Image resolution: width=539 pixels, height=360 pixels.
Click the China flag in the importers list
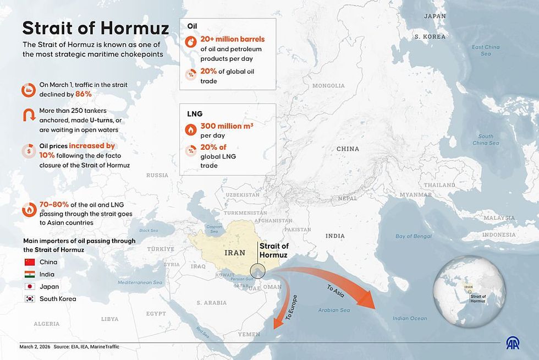[30, 262]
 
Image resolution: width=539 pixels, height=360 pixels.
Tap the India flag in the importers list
[30, 274]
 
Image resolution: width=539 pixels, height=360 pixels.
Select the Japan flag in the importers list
[30, 287]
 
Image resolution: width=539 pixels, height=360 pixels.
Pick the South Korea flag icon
[30, 299]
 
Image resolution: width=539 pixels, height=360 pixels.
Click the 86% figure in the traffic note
[84, 94]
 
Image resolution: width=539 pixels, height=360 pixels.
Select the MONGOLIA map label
[328, 86]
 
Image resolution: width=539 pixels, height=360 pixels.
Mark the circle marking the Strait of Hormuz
[257, 271]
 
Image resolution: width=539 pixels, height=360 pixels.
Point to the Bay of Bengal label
[414, 236]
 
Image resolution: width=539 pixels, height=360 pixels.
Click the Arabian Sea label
[334, 310]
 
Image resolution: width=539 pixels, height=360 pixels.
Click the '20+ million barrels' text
[233, 39]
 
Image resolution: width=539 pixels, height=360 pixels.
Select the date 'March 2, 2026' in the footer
[34, 347]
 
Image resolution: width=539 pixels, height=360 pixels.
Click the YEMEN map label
[249, 334]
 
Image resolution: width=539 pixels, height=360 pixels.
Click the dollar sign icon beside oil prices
[29, 151]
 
